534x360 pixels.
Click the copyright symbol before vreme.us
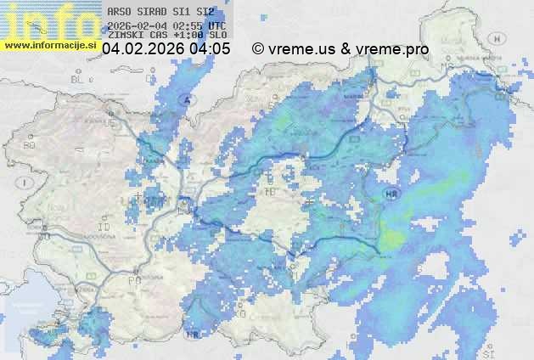258,49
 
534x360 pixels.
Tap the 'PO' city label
133,279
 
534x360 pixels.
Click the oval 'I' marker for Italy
26,183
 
